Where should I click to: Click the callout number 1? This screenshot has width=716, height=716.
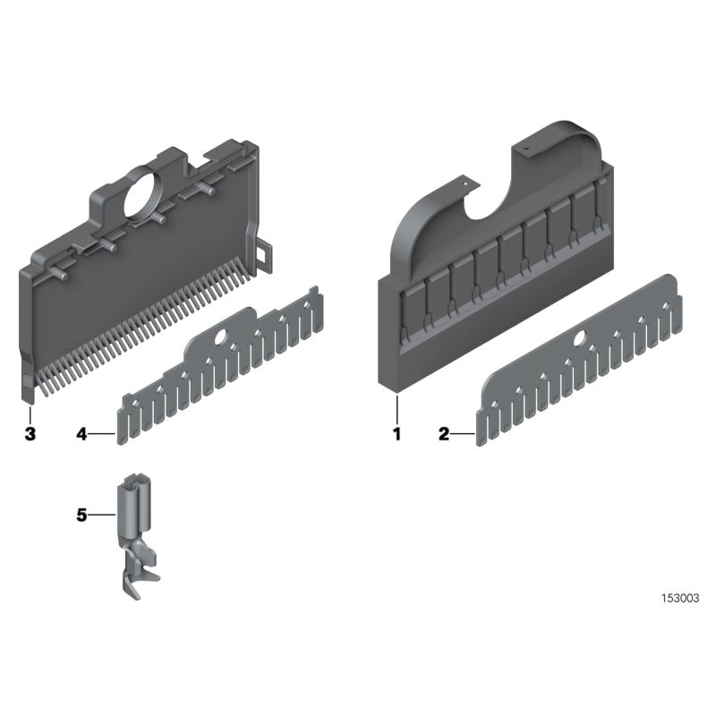[x=396, y=434]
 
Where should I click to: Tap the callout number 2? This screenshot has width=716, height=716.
[x=444, y=434]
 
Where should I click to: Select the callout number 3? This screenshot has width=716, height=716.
[x=30, y=434]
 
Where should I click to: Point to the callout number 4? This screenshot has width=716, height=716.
[x=81, y=434]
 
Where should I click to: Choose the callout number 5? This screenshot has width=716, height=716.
[x=81, y=516]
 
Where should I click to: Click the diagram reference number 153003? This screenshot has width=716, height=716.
[x=680, y=598]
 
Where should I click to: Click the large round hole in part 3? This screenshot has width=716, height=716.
[x=142, y=194]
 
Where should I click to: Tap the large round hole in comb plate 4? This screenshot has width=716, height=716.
[x=221, y=337]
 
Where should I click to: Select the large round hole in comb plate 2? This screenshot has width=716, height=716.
[x=581, y=338]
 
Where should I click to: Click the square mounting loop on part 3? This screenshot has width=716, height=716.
[x=264, y=252]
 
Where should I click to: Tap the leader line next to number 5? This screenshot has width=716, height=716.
[x=102, y=516]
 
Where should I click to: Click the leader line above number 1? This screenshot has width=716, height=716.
[x=397, y=410]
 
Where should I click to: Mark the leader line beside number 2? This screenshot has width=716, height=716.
[x=464, y=434]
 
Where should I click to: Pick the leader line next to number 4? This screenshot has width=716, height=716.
[x=101, y=434]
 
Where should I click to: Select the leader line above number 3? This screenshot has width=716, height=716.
[x=30, y=414]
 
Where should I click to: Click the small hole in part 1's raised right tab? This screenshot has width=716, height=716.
[x=525, y=148]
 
